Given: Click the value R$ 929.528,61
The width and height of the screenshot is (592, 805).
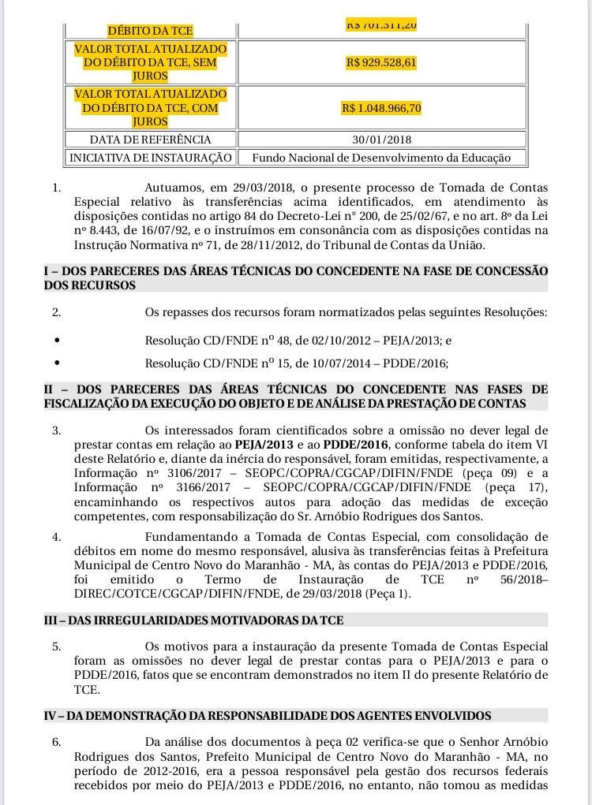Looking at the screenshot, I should click(x=381, y=62).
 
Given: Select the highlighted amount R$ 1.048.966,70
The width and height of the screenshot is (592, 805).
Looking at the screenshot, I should click(x=381, y=108).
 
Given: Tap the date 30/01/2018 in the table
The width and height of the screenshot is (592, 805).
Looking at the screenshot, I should click(x=381, y=140).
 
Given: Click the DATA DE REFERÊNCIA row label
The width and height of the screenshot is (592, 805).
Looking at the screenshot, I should click(x=150, y=140).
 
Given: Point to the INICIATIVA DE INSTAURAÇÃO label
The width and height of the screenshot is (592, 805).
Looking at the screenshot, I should click(x=150, y=158).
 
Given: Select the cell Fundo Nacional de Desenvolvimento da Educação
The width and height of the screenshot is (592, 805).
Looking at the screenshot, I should click(x=381, y=158).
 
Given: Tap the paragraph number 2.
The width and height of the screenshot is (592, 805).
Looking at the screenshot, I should click(x=56, y=312).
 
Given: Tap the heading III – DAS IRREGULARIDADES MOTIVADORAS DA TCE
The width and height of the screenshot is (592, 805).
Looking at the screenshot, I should click(x=193, y=621).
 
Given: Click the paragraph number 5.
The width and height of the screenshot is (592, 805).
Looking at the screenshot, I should click(x=56, y=647).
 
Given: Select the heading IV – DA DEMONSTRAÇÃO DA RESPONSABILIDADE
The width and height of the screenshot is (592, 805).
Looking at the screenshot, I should click(x=268, y=716).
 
